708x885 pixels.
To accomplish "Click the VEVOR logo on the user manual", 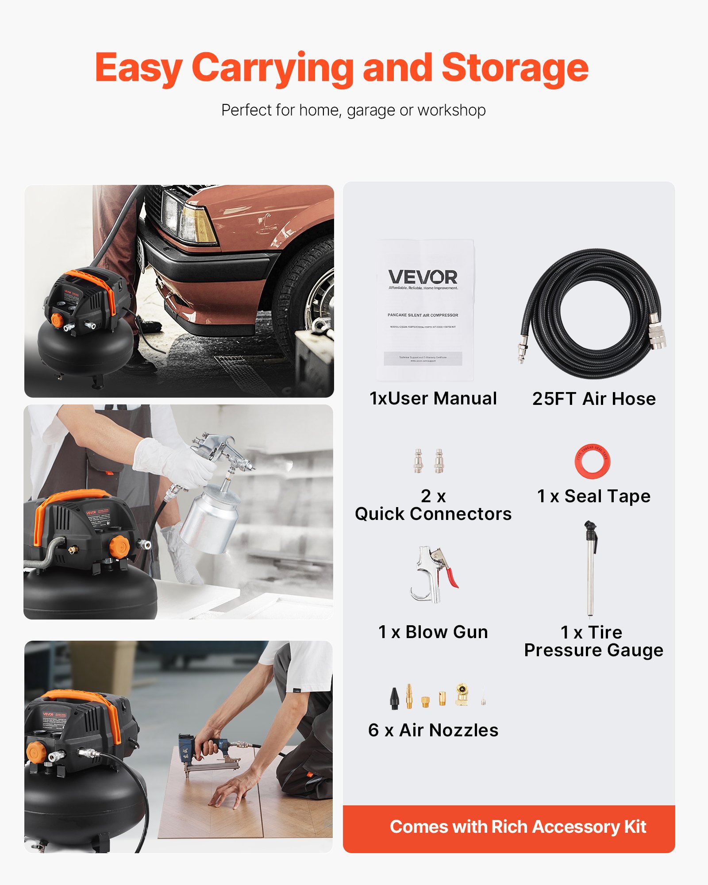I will pos(423,277).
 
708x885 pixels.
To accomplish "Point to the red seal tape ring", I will pos(592,461).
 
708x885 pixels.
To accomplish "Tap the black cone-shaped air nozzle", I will pos(394,698).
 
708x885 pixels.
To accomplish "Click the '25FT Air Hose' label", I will pos(594,399).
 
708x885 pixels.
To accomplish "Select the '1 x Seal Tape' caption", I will pos(594,496).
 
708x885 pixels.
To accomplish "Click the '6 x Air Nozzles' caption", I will pos(433,730).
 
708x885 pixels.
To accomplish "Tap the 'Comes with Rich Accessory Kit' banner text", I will pos(518,827).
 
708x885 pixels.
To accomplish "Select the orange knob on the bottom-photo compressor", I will pos(35,751).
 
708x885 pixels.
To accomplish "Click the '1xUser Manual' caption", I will pos(433,398).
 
